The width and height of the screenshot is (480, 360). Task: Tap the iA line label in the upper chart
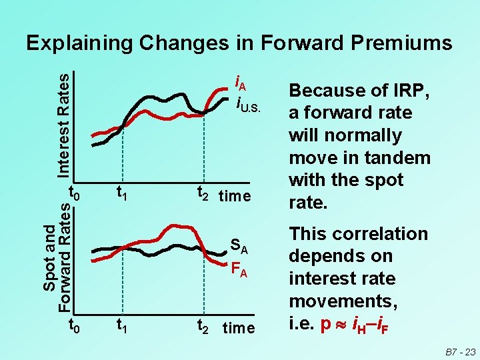coord(241,84)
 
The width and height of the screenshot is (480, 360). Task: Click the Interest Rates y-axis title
coord(62,124)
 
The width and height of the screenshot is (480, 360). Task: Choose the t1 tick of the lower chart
coord(122,326)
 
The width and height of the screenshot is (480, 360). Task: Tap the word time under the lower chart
coord(238,328)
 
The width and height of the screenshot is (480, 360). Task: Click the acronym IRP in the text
coord(411,91)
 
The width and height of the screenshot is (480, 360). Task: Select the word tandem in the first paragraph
coord(397,158)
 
